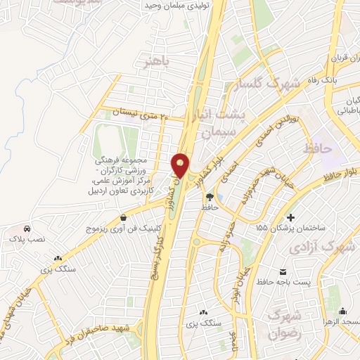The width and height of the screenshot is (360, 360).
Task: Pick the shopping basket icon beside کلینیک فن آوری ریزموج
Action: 124,217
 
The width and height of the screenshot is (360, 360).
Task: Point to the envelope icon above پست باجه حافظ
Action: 283,271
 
